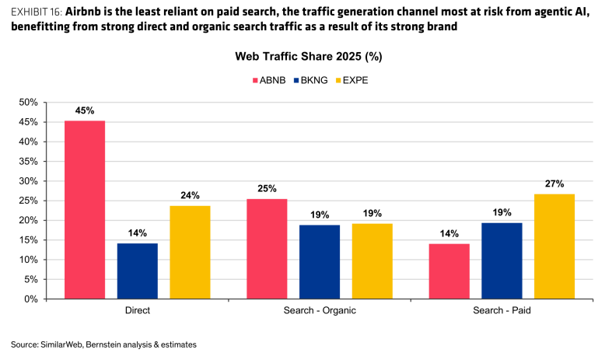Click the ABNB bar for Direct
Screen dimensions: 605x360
(85, 210)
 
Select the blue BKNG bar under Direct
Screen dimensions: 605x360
(138, 271)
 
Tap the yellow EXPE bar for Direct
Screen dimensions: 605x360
(191, 253)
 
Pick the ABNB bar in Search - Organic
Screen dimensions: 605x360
(267, 249)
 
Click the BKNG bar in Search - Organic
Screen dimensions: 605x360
(320, 262)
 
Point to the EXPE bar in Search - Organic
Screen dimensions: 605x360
(372, 261)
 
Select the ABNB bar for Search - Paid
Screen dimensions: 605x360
(449, 271)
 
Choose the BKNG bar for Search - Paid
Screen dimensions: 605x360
(502, 260)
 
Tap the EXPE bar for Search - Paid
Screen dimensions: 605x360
(554, 246)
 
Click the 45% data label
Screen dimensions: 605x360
(85, 110)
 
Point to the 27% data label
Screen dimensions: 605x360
(554, 183)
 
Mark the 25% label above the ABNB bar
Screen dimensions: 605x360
(267, 189)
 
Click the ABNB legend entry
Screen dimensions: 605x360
(269, 80)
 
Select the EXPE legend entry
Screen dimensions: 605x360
(352, 80)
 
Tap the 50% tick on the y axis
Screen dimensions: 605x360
(28, 103)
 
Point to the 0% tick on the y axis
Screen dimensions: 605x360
(31, 299)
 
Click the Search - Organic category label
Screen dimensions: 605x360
(320, 310)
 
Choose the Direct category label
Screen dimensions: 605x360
(138, 310)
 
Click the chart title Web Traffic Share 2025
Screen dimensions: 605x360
(299, 56)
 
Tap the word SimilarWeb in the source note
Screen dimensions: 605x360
(61, 344)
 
